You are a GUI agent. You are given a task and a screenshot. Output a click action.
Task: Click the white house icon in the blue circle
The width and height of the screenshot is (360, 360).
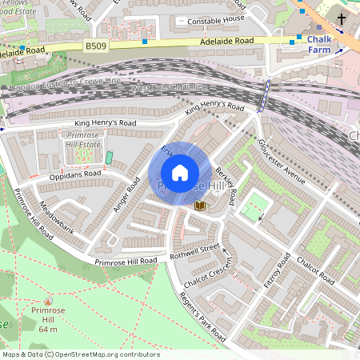tap(180, 173)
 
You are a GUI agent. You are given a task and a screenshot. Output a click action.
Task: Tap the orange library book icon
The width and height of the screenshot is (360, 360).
tap(199, 206)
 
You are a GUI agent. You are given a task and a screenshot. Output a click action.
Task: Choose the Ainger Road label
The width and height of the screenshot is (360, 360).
tap(126, 194)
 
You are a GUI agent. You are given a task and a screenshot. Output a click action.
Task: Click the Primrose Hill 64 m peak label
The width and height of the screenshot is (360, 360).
tap(49, 319)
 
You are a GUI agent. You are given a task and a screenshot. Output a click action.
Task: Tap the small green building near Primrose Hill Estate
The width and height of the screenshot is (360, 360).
tap(110, 158)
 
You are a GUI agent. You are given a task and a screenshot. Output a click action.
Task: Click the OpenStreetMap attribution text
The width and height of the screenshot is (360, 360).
tap(81, 354)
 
